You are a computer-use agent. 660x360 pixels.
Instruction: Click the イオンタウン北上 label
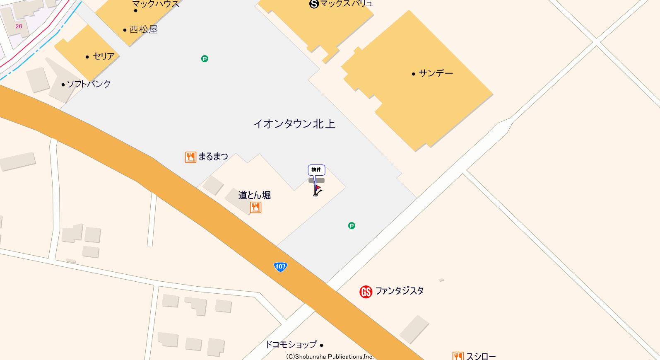[x=294, y=124]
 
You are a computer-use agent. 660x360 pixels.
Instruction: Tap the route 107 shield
[x=280, y=266]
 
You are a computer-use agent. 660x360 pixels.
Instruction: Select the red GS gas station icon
[x=366, y=292]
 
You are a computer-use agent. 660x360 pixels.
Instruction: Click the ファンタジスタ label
[x=399, y=291]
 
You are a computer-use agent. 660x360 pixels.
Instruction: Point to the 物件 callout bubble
[x=316, y=170]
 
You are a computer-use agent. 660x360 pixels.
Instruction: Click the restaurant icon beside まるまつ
[x=190, y=157]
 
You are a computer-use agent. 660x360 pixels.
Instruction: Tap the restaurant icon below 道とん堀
[x=255, y=208]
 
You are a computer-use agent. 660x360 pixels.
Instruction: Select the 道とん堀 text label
[x=254, y=195]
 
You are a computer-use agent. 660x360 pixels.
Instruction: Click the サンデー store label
[x=436, y=73]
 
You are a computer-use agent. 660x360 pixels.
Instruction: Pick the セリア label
[x=104, y=56]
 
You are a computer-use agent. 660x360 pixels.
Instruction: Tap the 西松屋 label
[x=143, y=29]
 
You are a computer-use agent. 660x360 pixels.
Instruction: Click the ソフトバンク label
[x=89, y=84]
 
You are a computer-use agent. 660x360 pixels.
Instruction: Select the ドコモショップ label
[x=291, y=344]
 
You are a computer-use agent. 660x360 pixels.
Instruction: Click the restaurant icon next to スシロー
[x=458, y=356]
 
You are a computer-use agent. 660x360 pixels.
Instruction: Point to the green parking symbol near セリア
[x=205, y=59]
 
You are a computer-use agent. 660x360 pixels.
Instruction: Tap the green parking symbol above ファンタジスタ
[x=352, y=225]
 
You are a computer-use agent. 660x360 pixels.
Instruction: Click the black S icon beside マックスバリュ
[x=314, y=4]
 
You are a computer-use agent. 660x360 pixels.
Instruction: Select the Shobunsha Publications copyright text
[x=330, y=356]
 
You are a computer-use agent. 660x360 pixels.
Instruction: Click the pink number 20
[x=19, y=26]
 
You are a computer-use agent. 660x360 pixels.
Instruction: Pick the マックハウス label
[x=156, y=4]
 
